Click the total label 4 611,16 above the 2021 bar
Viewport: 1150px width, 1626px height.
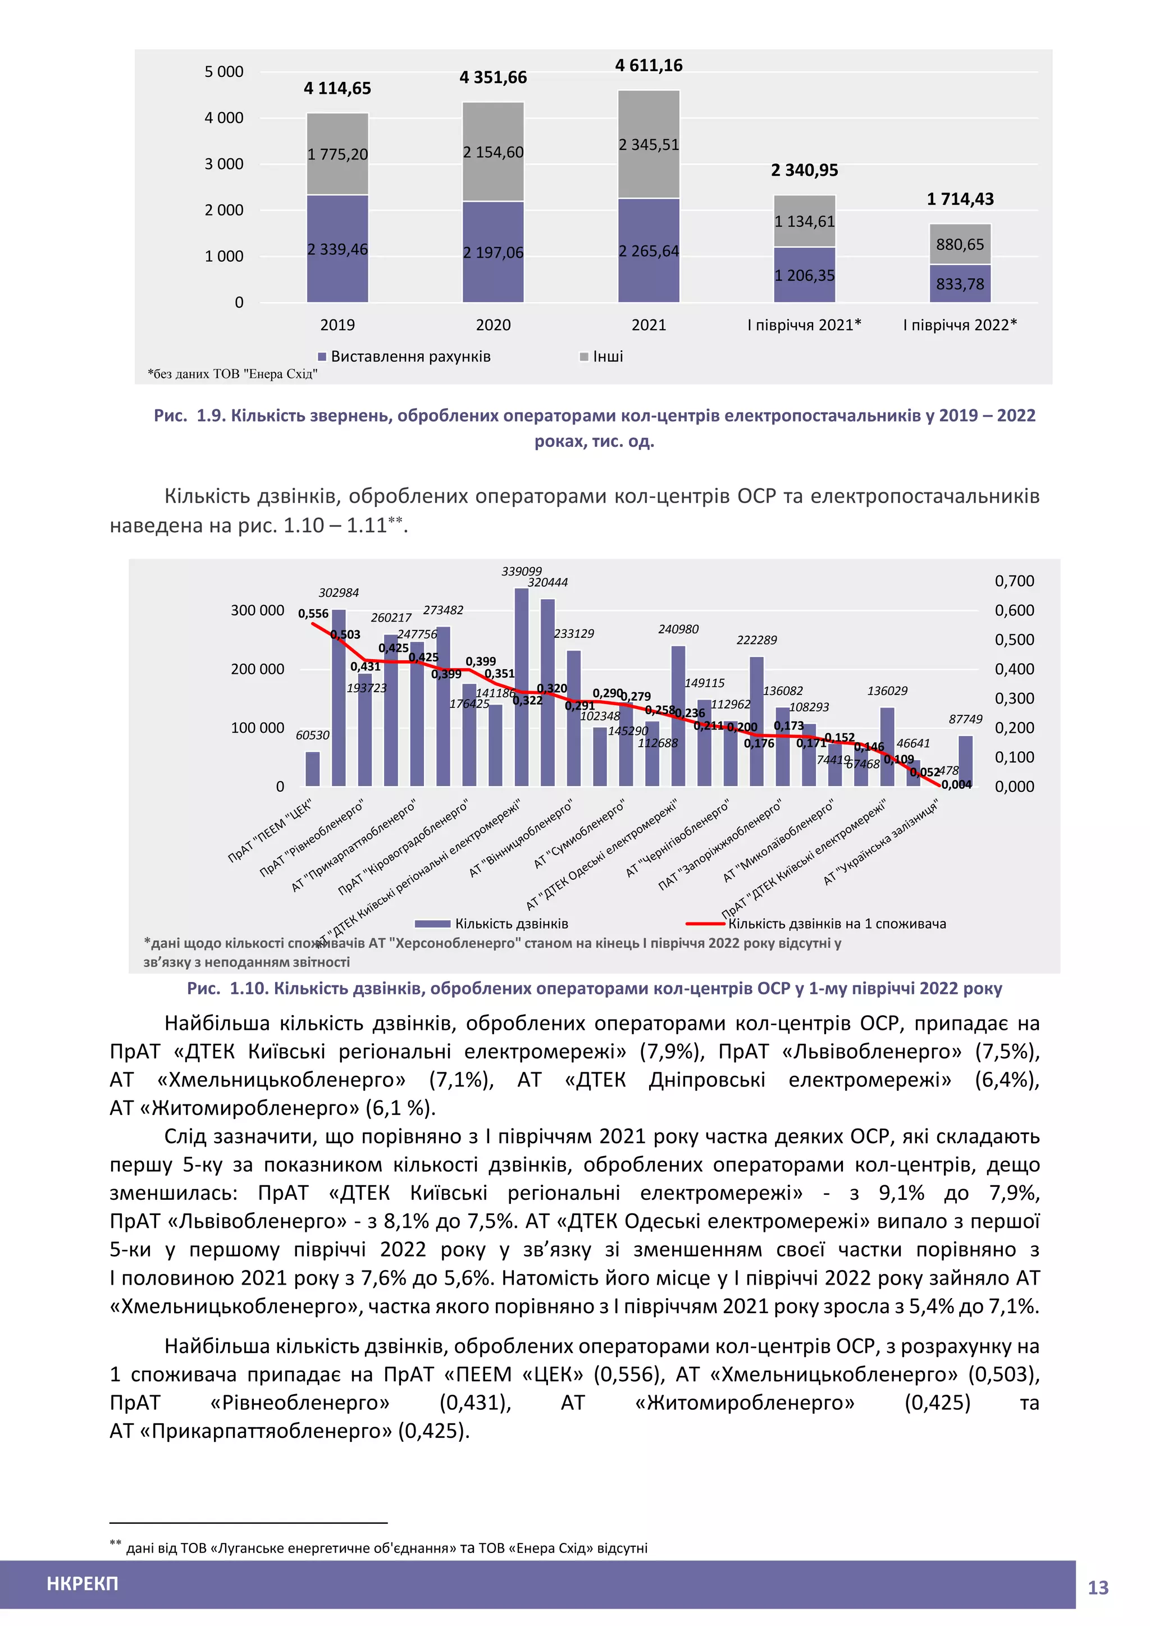click(649, 66)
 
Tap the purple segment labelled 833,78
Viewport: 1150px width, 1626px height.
click(960, 284)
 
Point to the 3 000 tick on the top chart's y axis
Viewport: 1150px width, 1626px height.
click(224, 165)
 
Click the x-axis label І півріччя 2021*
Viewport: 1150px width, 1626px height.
click(805, 325)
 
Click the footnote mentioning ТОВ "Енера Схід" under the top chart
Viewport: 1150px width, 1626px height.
click(232, 374)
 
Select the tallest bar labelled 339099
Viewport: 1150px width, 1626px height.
click(521, 687)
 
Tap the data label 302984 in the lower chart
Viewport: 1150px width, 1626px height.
click(339, 593)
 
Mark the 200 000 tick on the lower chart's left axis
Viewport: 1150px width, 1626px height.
click(257, 669)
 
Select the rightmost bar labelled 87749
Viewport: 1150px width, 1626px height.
click(965, 761)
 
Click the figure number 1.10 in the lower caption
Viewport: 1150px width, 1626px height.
click(248, 989)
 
